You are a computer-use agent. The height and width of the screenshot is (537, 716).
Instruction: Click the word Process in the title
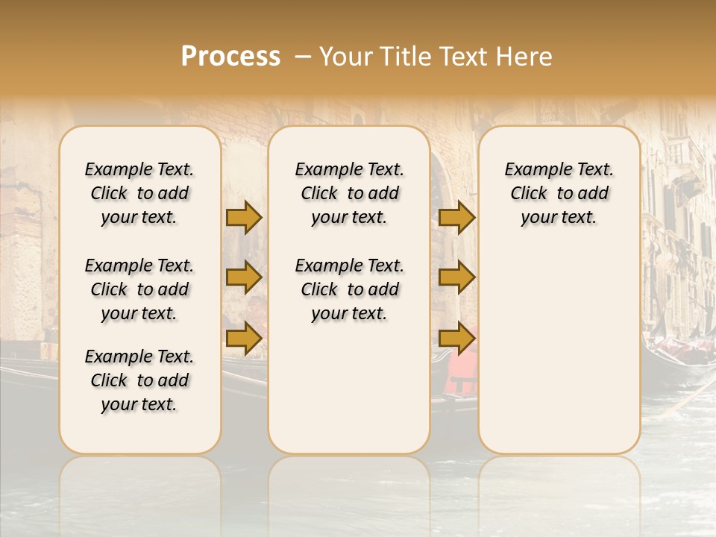click(230, 57)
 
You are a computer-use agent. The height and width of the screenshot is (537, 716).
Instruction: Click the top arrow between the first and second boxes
click(244, 217)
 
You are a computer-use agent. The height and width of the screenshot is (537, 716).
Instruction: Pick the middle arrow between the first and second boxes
click(244, 277)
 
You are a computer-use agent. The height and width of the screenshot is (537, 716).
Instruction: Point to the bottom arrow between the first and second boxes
click(244, 338)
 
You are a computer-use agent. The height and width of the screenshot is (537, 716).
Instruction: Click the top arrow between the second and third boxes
click(456, 217)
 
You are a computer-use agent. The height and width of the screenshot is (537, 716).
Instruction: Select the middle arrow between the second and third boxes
click(456, 277)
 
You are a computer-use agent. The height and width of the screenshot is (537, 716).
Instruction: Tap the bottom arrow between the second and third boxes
click(456, 338)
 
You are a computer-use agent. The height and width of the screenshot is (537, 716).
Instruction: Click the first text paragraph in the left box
click(139, 193)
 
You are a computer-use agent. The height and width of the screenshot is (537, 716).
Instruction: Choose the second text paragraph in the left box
click(139, 289)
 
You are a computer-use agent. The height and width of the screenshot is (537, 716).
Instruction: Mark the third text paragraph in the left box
click(139, 380)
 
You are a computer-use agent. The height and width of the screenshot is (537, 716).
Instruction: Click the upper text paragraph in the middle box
click(349, 193)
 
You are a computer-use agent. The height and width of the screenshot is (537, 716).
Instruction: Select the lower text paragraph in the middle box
click(349, 289)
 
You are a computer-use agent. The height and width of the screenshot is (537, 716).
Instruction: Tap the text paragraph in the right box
click(559, 193)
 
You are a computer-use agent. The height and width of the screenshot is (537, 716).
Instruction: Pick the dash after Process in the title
click(303, 57)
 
